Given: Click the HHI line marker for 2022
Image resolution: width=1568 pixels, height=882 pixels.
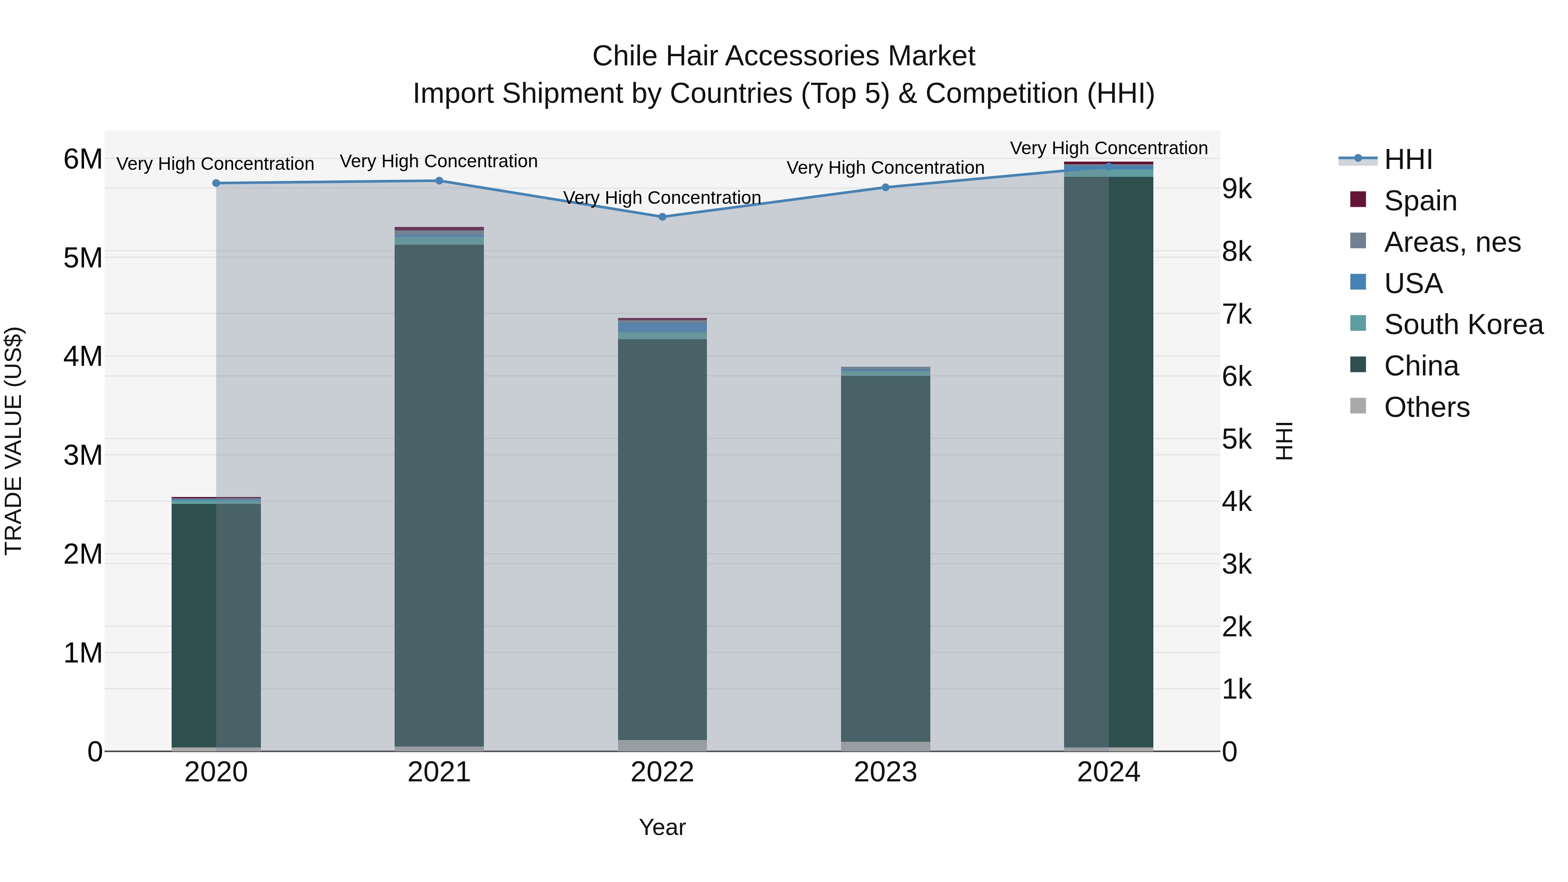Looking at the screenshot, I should (662, 217).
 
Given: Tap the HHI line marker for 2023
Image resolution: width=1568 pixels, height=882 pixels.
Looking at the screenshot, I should (885, 187).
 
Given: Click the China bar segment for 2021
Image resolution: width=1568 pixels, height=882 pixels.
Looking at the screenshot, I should (439, 493).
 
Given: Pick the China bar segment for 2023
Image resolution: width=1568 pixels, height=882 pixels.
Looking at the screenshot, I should (885, 557).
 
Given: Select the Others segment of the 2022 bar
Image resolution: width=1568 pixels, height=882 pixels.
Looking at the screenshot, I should (662, 745).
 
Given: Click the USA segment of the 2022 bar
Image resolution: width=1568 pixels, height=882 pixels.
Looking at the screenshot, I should (662, 327).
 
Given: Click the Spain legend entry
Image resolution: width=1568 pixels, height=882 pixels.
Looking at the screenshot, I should (1420, 201).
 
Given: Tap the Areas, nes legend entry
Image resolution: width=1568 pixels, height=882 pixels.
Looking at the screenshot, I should (1452, 242).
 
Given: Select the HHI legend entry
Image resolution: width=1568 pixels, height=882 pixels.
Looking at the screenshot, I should (1408, 159).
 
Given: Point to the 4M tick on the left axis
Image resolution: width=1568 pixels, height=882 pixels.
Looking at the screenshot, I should (83, 356).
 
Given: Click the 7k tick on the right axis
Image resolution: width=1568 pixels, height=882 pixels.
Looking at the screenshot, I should (1237, 315).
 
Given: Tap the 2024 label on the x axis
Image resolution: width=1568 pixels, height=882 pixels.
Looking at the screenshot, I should (1108, 772).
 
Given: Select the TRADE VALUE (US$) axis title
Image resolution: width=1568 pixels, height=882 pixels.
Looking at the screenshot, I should (14, 441).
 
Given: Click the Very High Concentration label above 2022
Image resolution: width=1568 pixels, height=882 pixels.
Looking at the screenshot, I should (662, 198).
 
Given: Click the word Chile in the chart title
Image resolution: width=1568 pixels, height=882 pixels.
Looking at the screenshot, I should (625, 56).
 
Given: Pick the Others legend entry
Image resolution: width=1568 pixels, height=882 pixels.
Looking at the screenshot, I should (1426, 407).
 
